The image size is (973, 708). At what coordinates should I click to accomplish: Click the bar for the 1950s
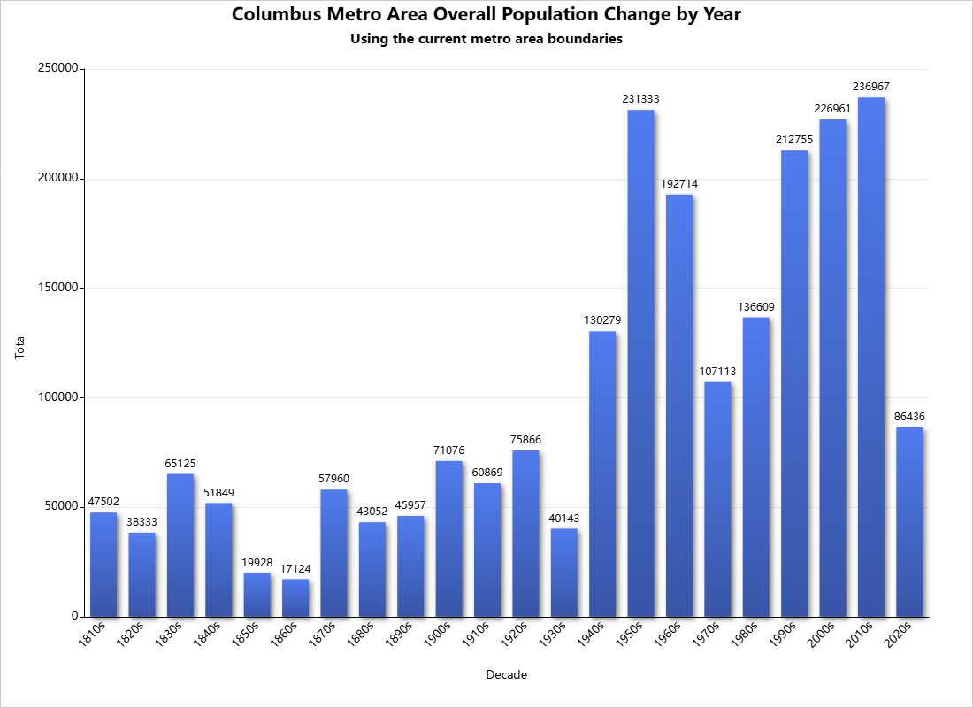640,363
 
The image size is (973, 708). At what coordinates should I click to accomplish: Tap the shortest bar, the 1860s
295,597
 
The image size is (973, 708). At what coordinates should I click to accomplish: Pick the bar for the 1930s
564,573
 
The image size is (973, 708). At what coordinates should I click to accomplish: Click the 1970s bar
717,499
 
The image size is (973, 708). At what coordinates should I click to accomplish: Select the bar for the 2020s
909,522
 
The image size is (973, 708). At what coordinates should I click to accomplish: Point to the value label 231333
640,99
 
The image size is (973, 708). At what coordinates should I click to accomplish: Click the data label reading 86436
909,417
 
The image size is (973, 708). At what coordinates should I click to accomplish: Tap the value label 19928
257,562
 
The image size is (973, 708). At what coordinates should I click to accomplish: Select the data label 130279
602,320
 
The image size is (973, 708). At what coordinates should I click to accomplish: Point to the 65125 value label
180,463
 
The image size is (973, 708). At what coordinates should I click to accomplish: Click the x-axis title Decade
507,675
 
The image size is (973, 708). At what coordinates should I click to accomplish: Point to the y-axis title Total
20,345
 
